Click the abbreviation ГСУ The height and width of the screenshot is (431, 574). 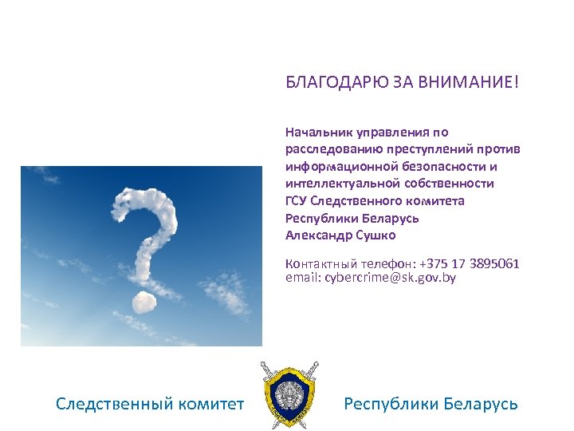click(x=296, y=200)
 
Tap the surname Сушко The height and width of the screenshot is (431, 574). click(x=374, y=235)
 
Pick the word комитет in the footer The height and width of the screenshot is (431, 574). click(x=214, y=404)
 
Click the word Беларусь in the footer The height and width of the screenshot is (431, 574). click(x=480, y=404)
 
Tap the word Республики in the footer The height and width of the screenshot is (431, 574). click(x=389, y=404)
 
